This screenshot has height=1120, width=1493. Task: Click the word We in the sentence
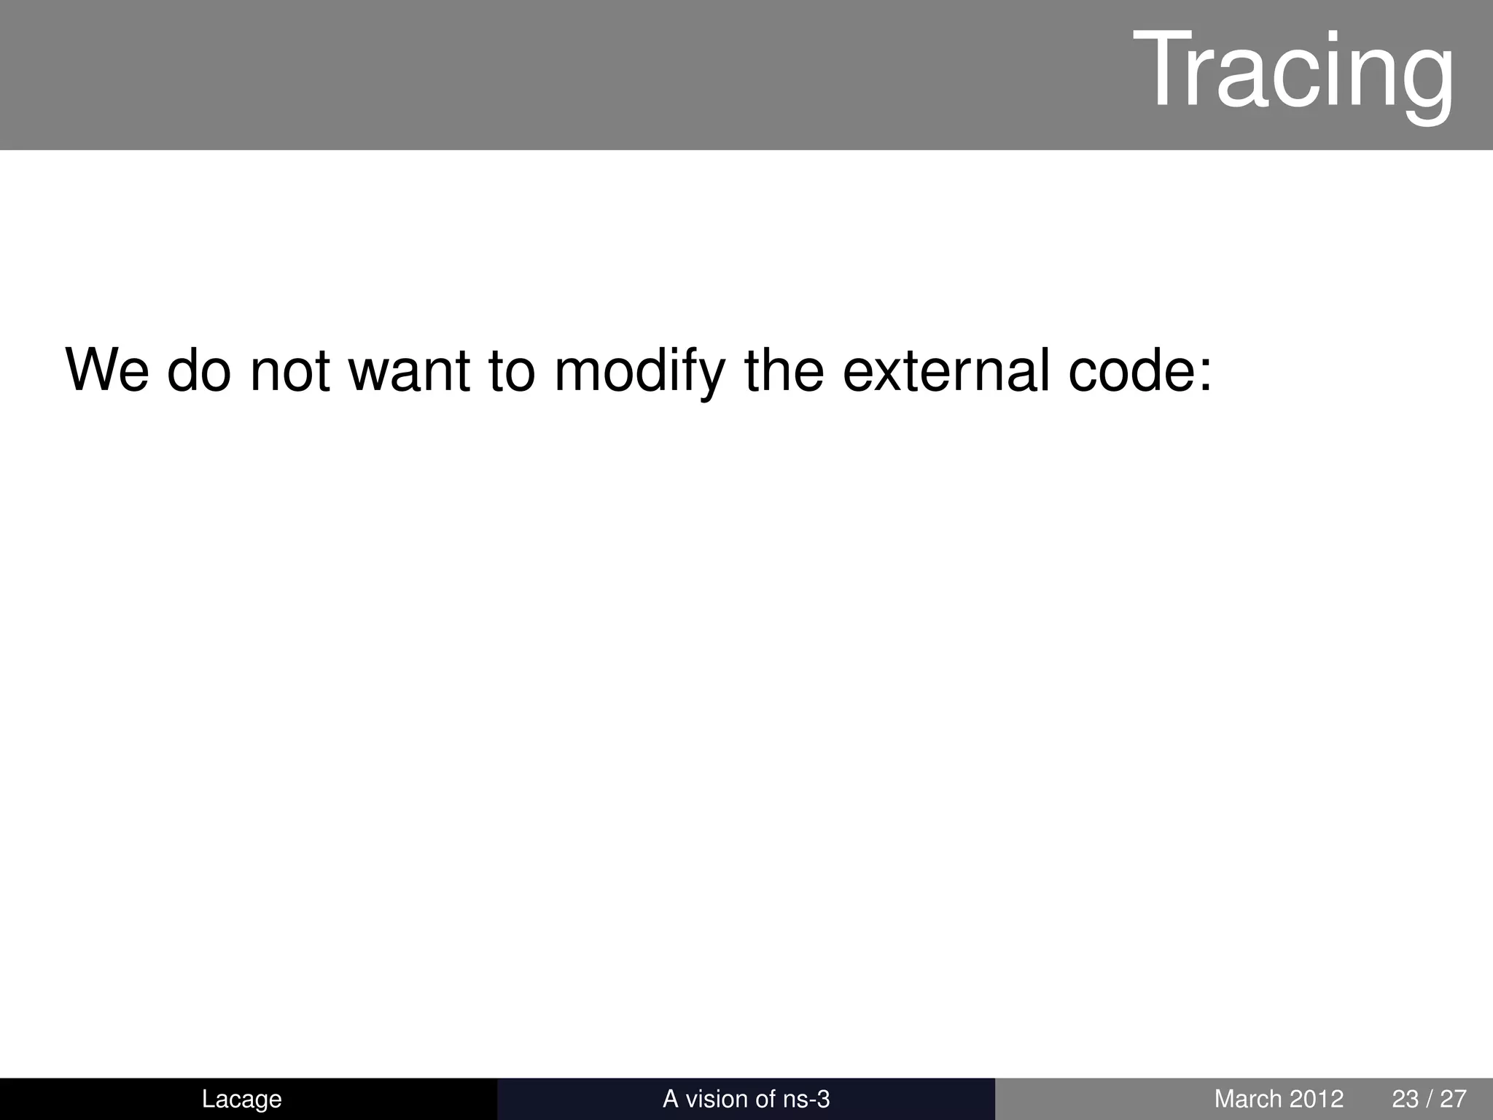tap(107, 370)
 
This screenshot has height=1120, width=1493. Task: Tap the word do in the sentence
tap(199, 370)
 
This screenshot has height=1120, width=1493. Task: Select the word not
tap(289, 370)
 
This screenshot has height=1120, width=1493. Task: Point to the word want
tap(409, 370)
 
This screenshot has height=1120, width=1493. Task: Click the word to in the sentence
tap(512, 370)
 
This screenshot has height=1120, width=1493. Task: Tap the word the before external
tap(784, 370)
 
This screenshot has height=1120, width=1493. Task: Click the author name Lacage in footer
tap(241, 1099)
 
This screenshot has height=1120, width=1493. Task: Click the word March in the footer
tap(1247, 1099)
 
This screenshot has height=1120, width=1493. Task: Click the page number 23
tap(1406, 1099)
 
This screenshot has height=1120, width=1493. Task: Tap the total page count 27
tap(1453, 1099)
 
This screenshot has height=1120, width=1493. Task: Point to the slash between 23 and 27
tap(1430, 1099)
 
